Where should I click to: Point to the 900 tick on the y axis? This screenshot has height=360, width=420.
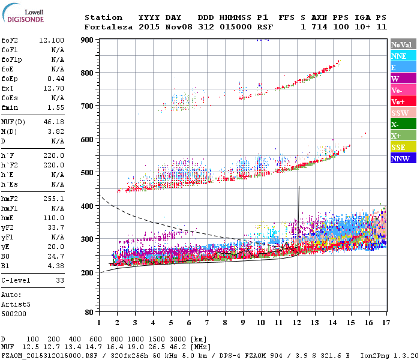click(88, 40)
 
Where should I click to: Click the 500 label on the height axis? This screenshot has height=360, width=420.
click(88, 173)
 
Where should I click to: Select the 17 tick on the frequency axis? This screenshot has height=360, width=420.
click(386, 323)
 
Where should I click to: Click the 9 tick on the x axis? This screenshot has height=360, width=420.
click(243, 323)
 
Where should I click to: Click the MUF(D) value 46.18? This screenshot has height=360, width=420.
click(53, 122)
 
